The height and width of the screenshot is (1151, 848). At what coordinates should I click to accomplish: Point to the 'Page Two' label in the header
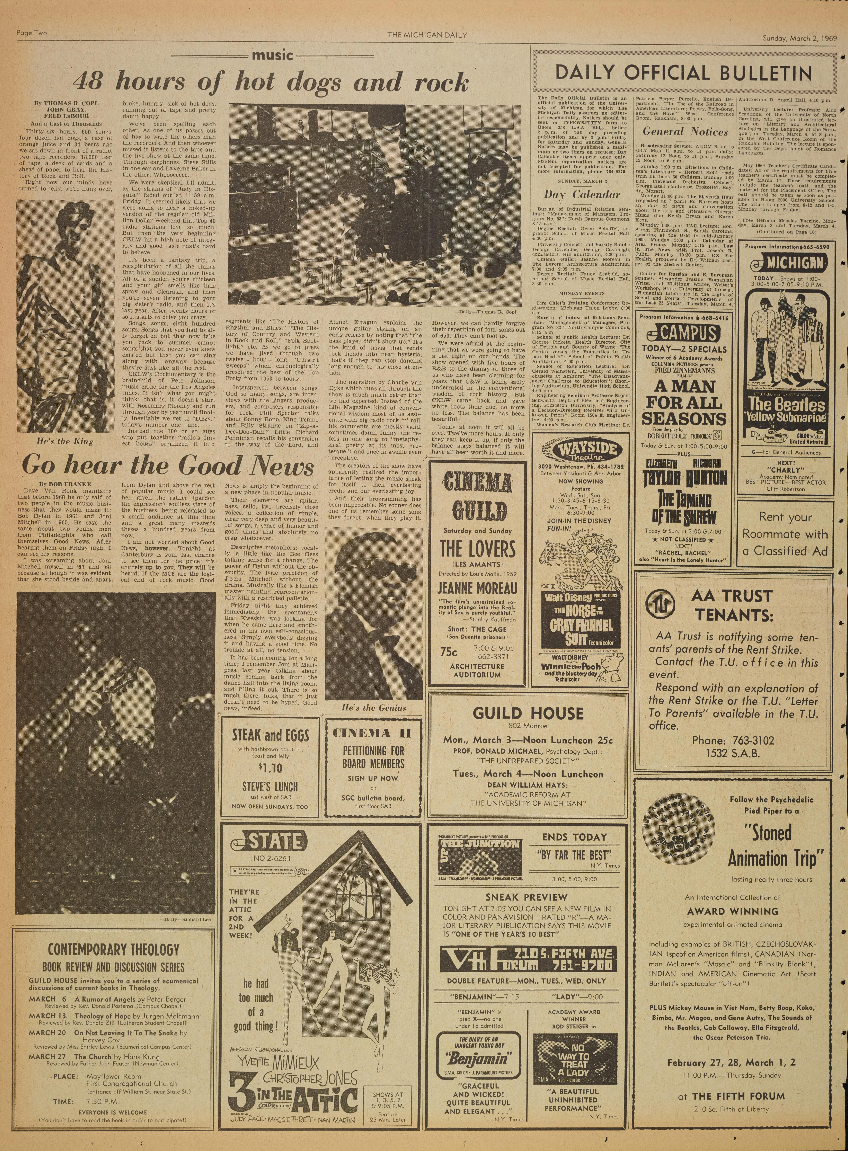click(32, 34)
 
